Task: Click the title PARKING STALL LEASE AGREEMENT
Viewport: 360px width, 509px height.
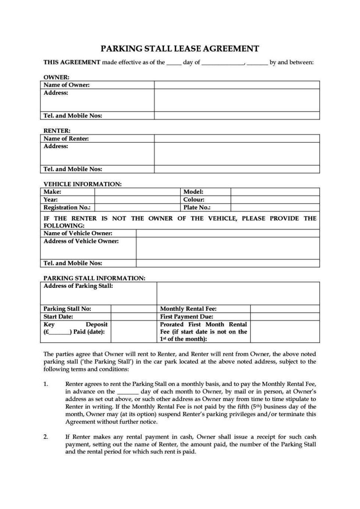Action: click(180, 49)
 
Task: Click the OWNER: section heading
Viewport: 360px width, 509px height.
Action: click(56, 77)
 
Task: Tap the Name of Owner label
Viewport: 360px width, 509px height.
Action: click(66, 85)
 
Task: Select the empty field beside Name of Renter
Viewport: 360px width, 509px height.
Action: click(237, 138)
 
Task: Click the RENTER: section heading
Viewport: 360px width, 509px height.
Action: click(57, 131)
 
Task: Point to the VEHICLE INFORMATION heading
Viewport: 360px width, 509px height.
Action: click(82, 184)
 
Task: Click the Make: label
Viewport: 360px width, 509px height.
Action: click(52, 192)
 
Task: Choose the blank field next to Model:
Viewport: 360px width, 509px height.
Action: click(275, 192)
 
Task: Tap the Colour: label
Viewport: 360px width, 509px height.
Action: click(194, 200)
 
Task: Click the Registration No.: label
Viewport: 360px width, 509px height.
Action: click(67, 207)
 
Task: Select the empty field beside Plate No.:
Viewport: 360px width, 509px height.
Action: click(275, 207)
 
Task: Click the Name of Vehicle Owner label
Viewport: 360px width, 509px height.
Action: click(78, 233)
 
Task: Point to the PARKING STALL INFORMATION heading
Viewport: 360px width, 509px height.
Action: click(94, 278)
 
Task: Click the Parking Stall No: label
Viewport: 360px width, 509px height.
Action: click(67, 309)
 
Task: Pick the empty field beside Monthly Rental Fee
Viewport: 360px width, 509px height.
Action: click(285, 309)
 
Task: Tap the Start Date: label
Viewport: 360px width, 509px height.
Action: click(58, 317)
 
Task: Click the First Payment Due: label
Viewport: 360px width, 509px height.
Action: click(186, 317)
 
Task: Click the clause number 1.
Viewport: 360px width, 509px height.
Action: click(46, 384)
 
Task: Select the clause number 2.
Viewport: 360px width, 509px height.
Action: click(46, 437)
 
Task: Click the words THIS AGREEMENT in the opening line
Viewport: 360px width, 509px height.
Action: click(72, 62)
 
